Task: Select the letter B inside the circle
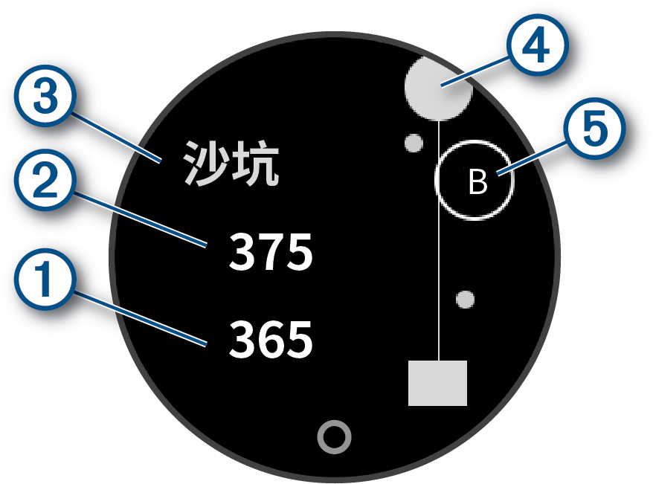(x=477, y=181)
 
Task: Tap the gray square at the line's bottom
(x=438, y=383)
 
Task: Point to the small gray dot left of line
(x=413, y=141)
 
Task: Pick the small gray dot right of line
(x=466, y=299)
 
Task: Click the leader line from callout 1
(x=141, y=317)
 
